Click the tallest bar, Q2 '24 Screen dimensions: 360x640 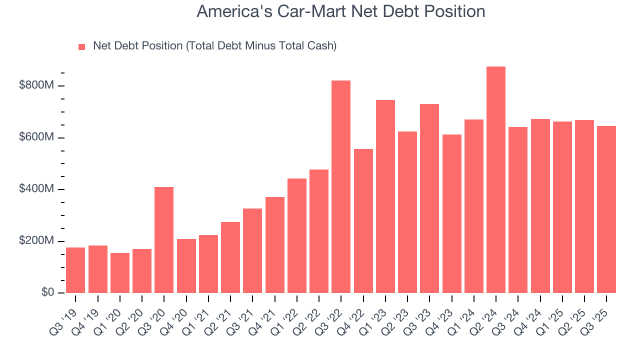click(495, 180)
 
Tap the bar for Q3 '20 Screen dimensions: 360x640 click(164, 240)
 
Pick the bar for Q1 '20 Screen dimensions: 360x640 click(120, 273)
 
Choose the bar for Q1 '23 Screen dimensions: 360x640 click(385, 196)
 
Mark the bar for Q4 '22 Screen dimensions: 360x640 click(363, 221)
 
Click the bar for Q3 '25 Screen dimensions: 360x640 click(606, 209)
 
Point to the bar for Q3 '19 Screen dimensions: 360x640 click(75, 270)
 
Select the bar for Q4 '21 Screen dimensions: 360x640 click(274, 245)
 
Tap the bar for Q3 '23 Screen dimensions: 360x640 click(429, 198)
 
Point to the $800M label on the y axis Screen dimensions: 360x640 click(36, 85)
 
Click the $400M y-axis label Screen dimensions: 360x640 click(36, 189)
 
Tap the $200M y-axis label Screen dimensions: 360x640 click(36, 241)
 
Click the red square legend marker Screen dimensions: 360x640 click(82, 46)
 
